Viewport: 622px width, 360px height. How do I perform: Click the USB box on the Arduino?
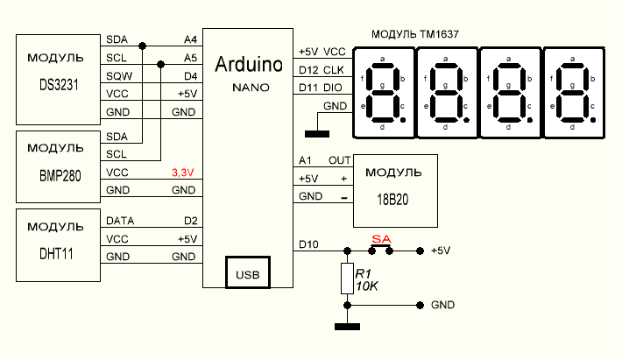[246, 272]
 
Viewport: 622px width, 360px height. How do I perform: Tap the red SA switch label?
[380, 238]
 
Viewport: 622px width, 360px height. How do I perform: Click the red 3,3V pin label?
[184, 173]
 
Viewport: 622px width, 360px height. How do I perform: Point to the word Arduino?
[249, 65]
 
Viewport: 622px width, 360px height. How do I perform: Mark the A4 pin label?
[190, 40]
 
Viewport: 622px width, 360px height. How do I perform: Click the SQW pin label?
[117, 76]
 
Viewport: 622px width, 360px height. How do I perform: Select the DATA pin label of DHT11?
[120, 222]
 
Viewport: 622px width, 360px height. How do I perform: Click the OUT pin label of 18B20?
[338, 161]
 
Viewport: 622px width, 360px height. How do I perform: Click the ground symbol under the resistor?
[348, 328]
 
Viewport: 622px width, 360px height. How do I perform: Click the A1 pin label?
[305, 161]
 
